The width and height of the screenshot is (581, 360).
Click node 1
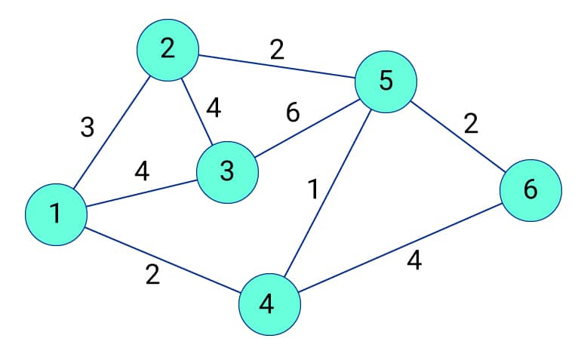point(55,214)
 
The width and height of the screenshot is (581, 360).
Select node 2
point(167,49)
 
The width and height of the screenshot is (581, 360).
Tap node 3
point(227,172)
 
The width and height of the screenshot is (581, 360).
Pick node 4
point(269,304)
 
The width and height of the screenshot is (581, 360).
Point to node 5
point(386,80)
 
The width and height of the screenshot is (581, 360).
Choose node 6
point(530,190)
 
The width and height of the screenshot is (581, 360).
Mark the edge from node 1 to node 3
point(141,193)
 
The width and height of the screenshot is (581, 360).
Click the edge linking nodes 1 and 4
point(162,259)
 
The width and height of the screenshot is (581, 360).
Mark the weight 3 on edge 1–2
point(88,127)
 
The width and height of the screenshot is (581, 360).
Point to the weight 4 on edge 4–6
point(413,261)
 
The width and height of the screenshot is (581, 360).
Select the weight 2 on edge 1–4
point(152,275)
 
